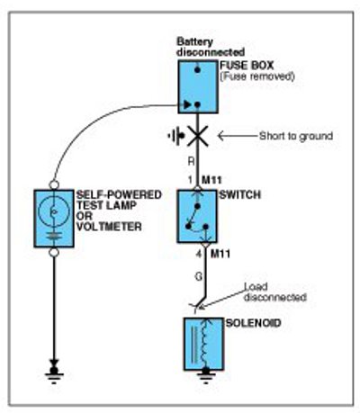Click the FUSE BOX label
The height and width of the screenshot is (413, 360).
[x=247, y=66]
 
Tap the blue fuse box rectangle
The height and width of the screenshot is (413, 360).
[x=198, y=87]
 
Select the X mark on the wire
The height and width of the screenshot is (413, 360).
[x=197, y=136]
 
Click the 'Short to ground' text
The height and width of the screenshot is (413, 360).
[x=296, y=136]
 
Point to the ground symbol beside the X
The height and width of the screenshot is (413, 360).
[x=175, y=136]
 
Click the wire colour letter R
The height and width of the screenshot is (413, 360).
[x=191, y=162]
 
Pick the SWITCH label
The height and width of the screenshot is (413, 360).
[x=240, y=195]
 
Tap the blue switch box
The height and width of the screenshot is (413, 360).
[x=197, y=216]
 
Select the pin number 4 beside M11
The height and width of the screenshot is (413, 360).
[x=199, y=255]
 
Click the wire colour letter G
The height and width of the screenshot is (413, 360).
[x=199, y=276]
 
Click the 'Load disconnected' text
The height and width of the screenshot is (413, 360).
[x=275, y=292]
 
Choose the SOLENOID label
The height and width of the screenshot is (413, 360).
[x=253, y=323]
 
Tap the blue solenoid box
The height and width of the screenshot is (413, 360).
[x=203, y=344]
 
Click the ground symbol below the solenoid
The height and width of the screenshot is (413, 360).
[x=205, y=376]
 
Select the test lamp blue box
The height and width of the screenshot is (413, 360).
[x=54, y=219]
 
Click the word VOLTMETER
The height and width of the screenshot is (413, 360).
[x=109, y=227]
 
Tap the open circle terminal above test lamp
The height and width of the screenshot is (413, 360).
[x=54, y=184]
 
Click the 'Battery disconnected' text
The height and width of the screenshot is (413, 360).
[x=211, y=47]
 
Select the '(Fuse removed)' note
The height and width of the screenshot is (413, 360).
[x=257, y=76]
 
